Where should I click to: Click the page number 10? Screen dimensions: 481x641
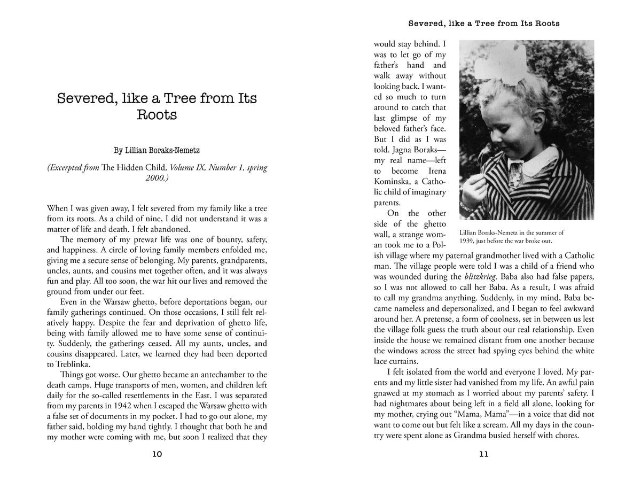(x=157, y=455)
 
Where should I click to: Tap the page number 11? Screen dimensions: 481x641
(x=484, y=455)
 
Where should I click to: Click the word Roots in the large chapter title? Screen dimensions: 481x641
(x=157, y=116)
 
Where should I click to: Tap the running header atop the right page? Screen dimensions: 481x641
(x=484, y=24)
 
